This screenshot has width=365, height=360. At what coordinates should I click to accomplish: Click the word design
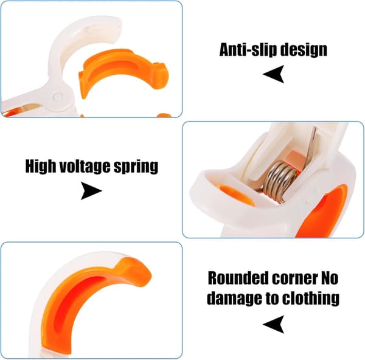point(304,50)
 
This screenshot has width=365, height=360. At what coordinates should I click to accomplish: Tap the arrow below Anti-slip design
point(274,74)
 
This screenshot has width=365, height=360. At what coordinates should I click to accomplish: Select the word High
point(41,167)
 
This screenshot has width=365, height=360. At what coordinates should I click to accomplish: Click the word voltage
point(85,167)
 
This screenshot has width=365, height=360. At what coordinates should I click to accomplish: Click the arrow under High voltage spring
point(91,191)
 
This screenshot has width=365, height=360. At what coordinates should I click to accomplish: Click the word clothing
point(311,299)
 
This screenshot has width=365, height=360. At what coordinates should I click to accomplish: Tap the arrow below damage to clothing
point(274,324)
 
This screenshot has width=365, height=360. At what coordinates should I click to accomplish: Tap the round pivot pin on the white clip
point(57,97)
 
